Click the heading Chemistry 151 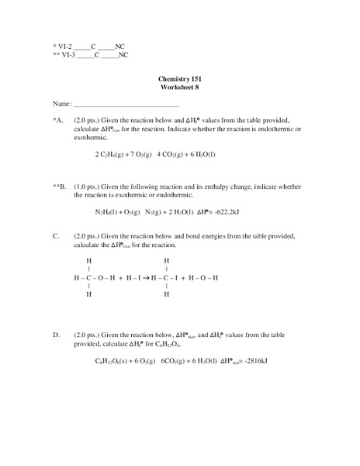pyautogui.click(x=179, y=80)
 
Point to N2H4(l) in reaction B pyautogui.click(x=109, y=212)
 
